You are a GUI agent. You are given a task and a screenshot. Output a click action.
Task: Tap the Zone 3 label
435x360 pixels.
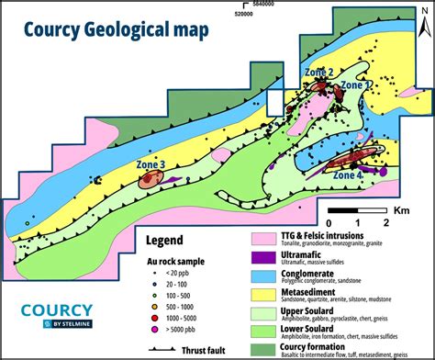tap(151, 164)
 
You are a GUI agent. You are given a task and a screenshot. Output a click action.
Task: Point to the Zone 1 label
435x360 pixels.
tap(358, 84)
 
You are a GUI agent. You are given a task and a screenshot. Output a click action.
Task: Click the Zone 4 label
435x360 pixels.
tap(348, 174)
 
